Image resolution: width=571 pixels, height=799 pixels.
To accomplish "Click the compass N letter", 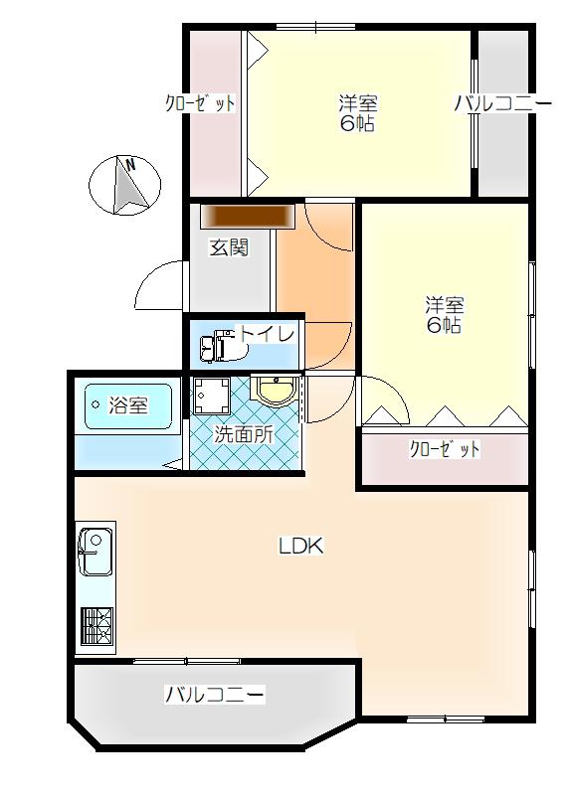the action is tap(131, 165).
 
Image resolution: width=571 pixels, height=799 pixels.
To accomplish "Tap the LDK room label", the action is tap(300, 547).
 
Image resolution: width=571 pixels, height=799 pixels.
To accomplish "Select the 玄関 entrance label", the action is tap(229, 247).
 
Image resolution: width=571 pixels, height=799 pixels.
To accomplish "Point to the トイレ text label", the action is tap(267, 334).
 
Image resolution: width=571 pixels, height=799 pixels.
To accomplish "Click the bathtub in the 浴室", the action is tap(128, 406).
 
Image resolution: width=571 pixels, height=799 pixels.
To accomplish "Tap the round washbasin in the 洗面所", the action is tap(276, 392).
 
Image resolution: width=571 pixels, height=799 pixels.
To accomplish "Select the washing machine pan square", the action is tap(212, 396).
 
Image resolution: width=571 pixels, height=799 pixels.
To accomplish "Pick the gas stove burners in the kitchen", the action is tap(95, 627).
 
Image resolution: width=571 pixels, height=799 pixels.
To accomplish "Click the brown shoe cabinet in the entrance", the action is tap(248, 217).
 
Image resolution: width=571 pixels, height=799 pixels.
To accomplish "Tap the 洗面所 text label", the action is tap(244, 434).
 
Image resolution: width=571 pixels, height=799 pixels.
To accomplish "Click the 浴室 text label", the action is tap(128, 405).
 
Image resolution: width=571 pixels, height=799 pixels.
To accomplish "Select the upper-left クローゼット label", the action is tap(200, 104).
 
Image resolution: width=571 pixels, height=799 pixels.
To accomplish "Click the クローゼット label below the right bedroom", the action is tap(445, 449).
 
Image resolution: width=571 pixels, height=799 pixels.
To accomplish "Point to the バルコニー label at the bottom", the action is tap(214, 695).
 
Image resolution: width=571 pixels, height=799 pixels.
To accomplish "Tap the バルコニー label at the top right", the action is tap(503, 104).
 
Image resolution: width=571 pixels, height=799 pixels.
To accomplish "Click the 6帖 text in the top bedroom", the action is tap(357, 124).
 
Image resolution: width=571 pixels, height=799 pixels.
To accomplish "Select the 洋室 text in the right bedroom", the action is tap(445, 305).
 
